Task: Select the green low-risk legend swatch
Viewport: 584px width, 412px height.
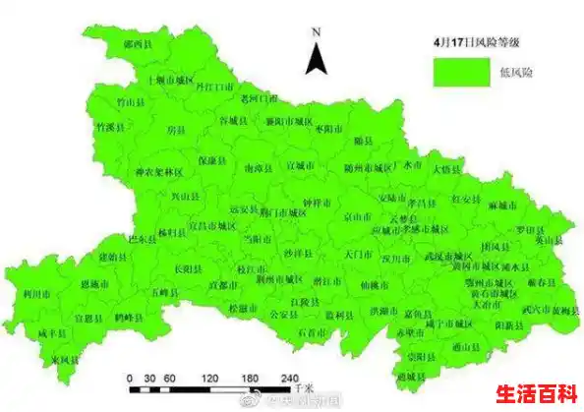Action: pyautogui.click(x=463, y=70)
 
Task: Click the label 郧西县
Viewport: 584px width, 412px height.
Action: pyautogui.click(x=138, y=45)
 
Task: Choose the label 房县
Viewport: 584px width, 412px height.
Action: pyautogui.click(x=175, y=129)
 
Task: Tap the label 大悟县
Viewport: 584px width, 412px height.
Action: pyautogui.click(x=447, y=168)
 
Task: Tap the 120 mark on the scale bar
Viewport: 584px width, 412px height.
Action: pyautogui.click(x=209, y=378)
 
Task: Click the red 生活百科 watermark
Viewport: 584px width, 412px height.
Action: pyautogui.click(x=536, y=393)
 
